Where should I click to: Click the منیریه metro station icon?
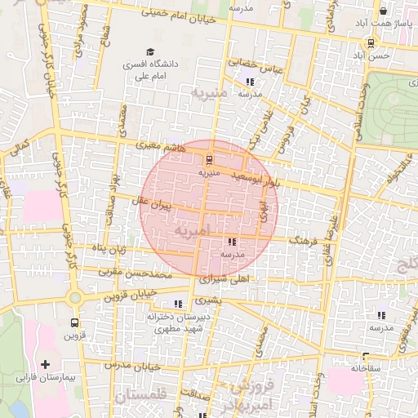pyautogui.click(x=211, y=159)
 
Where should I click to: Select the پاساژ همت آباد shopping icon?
pyautogui.click(x=383, y=11)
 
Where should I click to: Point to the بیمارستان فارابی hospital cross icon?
pyautogui.click(x=45, y=364)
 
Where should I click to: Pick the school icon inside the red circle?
pyautogui.click(x=232, y=242)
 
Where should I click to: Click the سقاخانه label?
pyautogui.click(x=367, y=368)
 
